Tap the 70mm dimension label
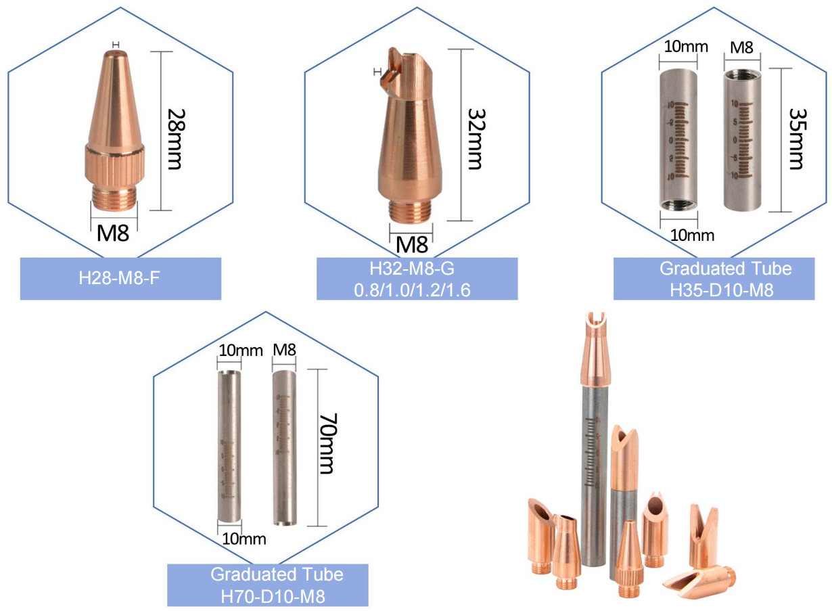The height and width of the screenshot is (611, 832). coord(326,446)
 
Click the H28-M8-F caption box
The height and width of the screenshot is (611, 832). coord(120,278)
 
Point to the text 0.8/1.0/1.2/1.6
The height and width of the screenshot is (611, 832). coord(417,290)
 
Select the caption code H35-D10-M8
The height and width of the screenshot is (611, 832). coord(714,290)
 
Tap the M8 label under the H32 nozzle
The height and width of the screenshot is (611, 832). coord(411,243)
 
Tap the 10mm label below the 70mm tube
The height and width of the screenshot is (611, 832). coord(243,539)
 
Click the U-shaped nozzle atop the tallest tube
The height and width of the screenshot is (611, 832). coord(595,338)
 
